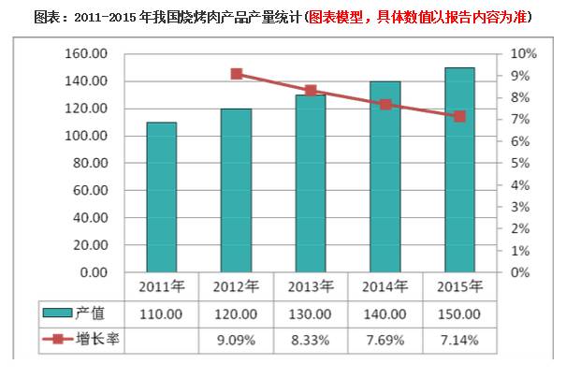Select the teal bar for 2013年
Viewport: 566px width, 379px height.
311,183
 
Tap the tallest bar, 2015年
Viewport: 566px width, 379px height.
459,169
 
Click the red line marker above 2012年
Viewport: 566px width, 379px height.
237,74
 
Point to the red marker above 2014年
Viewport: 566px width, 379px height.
385,105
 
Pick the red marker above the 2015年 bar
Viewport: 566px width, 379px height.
459,116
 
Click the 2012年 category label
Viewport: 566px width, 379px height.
237,285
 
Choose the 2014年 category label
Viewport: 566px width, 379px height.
385,285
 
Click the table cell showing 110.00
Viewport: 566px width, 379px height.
161,314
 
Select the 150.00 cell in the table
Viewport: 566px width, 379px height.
459,314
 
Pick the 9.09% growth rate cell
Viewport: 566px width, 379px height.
237,340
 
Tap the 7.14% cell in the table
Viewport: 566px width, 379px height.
459,340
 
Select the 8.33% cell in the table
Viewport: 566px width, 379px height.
311,340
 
